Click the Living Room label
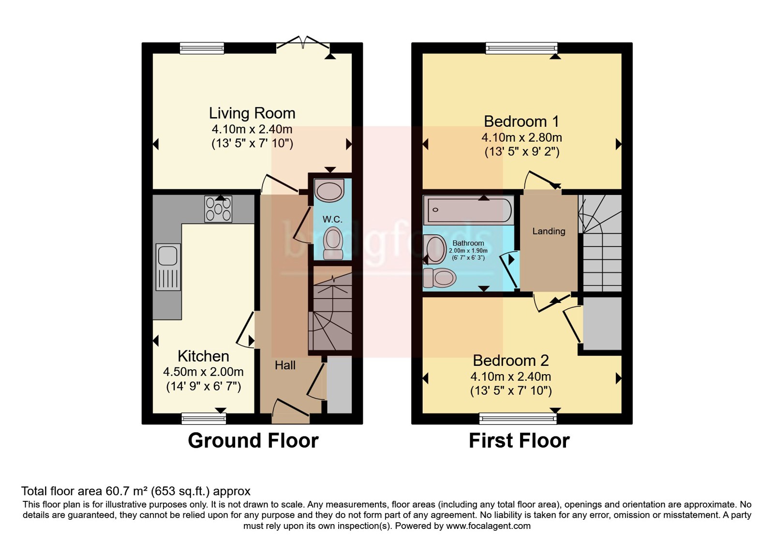click(x=252, y=113)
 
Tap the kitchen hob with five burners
click(x=218, y=209)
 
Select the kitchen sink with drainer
click(x=168, y=267)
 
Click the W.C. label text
click(x=332, y=219)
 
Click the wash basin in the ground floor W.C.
click(x=329, y=190)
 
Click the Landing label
click(x=549, y=231)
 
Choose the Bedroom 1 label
click(x=521, y=121)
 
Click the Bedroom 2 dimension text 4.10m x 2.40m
click(x=511, y=376)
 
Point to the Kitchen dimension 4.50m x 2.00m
click(x=203, y=372)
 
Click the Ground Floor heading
click(x=253, y=441)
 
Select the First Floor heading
click(x=519, y=441)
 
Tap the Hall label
click(x=285, y=365)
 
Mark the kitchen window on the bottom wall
click(x=204, y=419)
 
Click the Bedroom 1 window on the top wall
click(x=521, y=48)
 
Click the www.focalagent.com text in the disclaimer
click(x=488, y=526)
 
